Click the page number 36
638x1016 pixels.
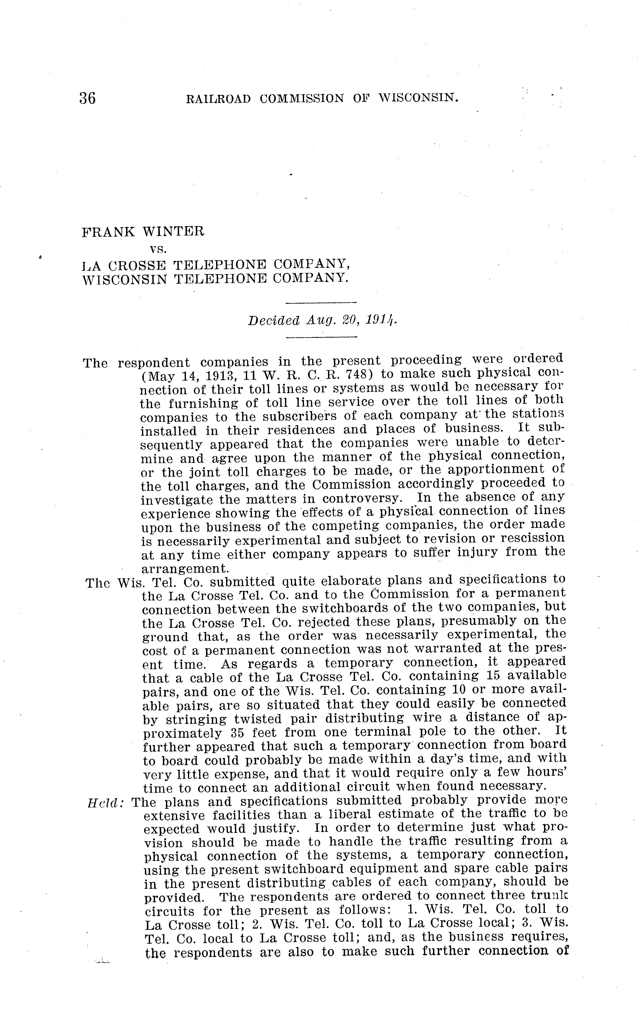click(x=87, y=98)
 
